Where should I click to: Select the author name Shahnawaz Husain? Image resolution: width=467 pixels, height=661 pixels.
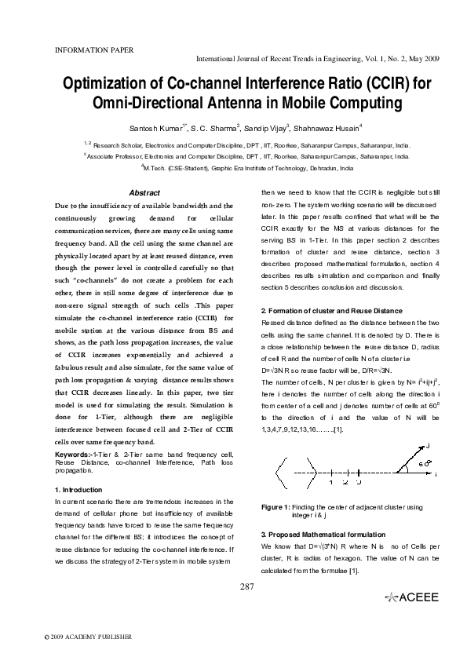tap(327, 127)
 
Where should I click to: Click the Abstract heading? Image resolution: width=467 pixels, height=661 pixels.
tap(144, 193)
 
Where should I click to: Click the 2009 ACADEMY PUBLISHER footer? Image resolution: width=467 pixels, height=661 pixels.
tap(88, 637)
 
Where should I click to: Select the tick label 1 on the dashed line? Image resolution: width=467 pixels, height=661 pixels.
tap(331, 481)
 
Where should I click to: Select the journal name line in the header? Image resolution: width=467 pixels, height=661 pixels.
tap(316, 59)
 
